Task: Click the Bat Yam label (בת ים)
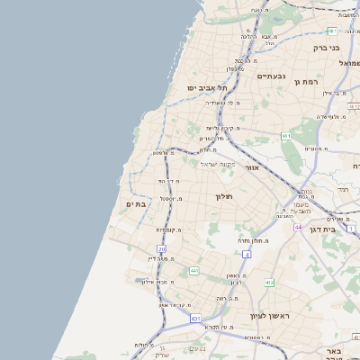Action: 135,205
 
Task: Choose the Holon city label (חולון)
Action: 223,196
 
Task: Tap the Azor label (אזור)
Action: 251,168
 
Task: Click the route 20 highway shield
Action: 161,248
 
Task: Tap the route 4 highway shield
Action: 246,255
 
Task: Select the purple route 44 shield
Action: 298,228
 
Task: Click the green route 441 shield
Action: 193,271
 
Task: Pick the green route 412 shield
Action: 268,283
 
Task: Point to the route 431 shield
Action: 195,319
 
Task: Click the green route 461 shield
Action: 286,136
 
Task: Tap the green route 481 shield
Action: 333,5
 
